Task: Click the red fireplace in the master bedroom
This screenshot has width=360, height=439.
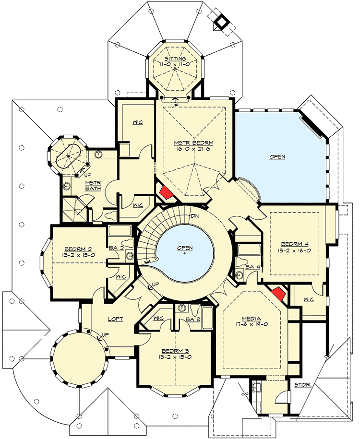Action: click(166, 191)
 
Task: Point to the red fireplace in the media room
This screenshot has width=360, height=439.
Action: click(279, 294)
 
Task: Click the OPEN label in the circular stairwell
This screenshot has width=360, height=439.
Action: click(185, 248)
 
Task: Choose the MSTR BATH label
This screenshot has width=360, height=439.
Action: click(92, 185)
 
